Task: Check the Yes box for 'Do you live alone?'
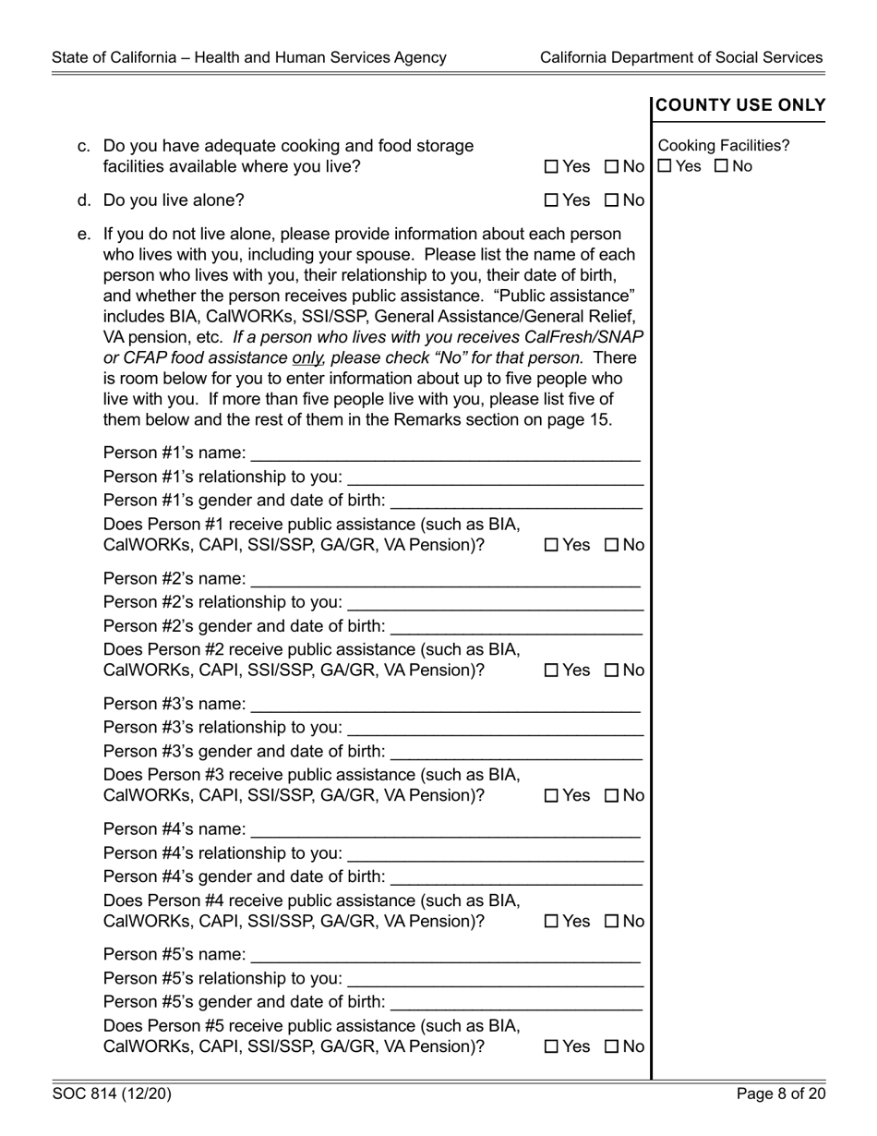(551, 200)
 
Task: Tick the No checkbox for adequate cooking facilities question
(611, 167)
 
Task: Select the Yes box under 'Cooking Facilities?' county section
(665, 167)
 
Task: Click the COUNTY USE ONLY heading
(740, 105)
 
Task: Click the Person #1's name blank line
(445, 453)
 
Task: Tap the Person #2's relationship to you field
(495, 603)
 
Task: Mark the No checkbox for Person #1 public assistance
(611, 546)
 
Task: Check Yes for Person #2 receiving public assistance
(551, 671)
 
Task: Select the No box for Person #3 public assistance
(611, 796)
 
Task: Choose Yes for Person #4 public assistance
(551, 922)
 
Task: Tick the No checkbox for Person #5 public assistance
(611, 1047)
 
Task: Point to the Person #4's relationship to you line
(495, 854)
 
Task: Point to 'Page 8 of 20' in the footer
(781, 1095)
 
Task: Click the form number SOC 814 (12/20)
(112, 1095)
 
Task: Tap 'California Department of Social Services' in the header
(681, 57)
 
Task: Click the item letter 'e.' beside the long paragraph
(85, 234)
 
